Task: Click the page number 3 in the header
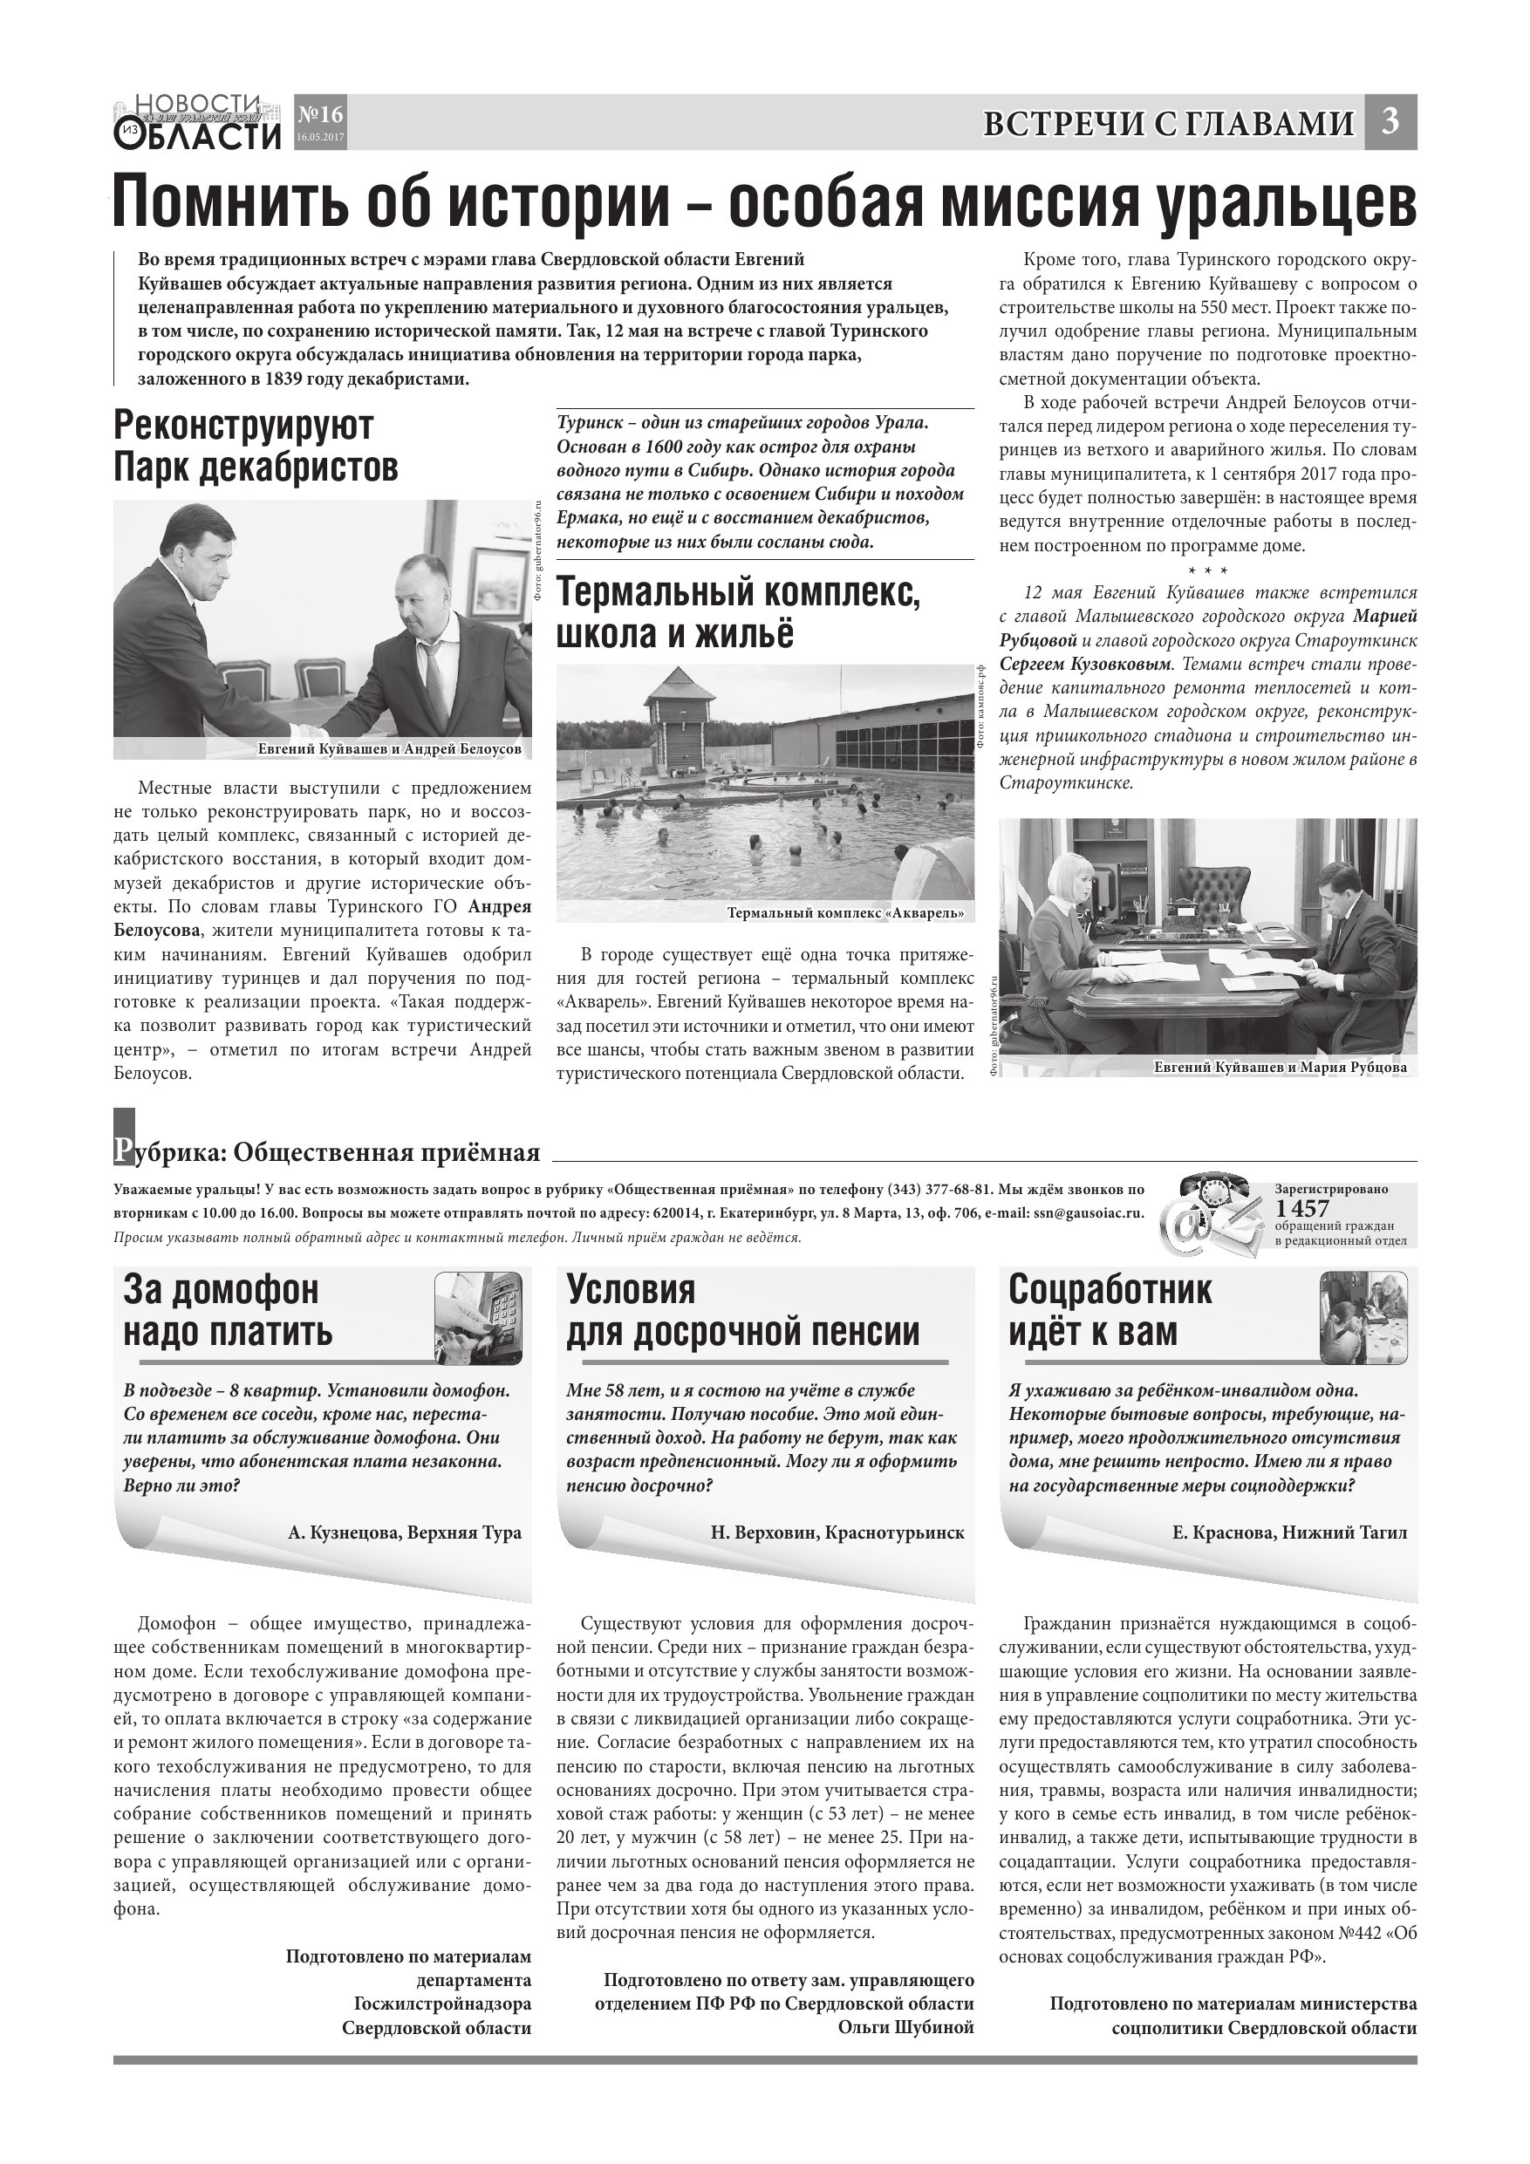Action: point(1390,122)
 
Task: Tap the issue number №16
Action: point(319,115)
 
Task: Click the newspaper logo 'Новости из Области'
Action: point(198,122)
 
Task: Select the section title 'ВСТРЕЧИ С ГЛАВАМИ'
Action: point(1168,125)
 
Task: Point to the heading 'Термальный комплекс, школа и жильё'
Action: point(738,612)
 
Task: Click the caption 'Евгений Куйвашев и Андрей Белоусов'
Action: point(389,749)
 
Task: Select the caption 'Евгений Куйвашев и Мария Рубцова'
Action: point(1280,1067)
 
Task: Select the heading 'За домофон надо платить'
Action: point(229,1310)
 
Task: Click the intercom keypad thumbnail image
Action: point(478,1317)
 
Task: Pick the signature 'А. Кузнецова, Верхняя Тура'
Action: point(405,1533)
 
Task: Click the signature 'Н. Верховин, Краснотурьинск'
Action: point(837,1533)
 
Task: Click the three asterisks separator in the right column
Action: point(1207,571)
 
